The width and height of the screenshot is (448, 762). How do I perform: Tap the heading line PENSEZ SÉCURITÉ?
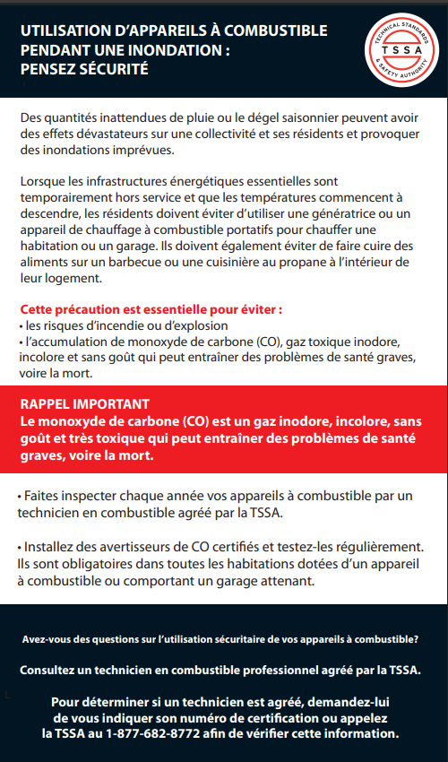coord(84,69)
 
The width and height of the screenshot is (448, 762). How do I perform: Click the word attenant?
coord(283,580)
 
